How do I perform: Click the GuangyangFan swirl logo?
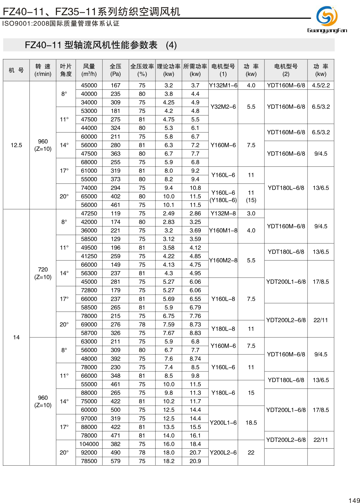[x=327, y=16]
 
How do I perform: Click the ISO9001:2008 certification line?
[x=61, y=24]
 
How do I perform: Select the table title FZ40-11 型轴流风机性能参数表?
[x=91, y=45]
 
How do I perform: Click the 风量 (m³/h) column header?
[x=89, y=70]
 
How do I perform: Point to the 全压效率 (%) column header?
[x=142, y=70]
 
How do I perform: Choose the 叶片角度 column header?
[x=66, y=70]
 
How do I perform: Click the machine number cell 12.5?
[x=16, y=145]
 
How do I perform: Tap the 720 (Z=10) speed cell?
[x=43, y=273]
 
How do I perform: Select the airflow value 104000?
[x=89, y=444]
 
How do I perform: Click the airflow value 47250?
[x=89, y=213]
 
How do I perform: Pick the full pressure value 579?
[x=115, y=461]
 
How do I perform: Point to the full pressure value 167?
[x=115, y=85]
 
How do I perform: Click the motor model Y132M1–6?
[x=223, y=85]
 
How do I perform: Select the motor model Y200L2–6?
[x=223, y=453]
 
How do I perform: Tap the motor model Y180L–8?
[x=223, y=329]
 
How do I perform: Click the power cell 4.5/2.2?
[x=321, y=85]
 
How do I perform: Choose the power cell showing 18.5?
[x=251, y=423]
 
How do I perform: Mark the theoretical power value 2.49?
[x=169, y=213]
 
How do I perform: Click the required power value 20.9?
[x=195, y=461]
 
